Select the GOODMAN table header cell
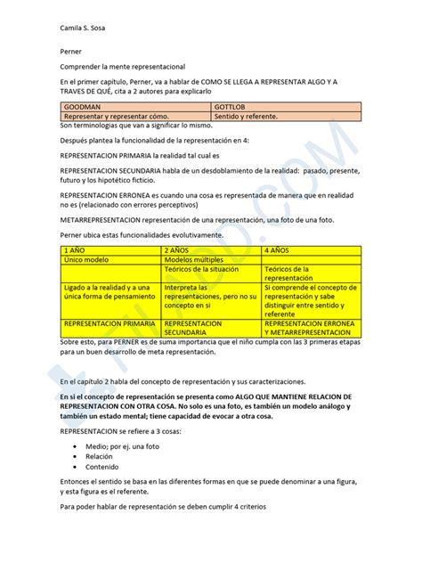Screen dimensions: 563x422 80,106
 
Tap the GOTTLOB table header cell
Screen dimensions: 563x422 231,106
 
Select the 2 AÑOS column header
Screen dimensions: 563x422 178,251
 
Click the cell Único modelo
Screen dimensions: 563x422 85,260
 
